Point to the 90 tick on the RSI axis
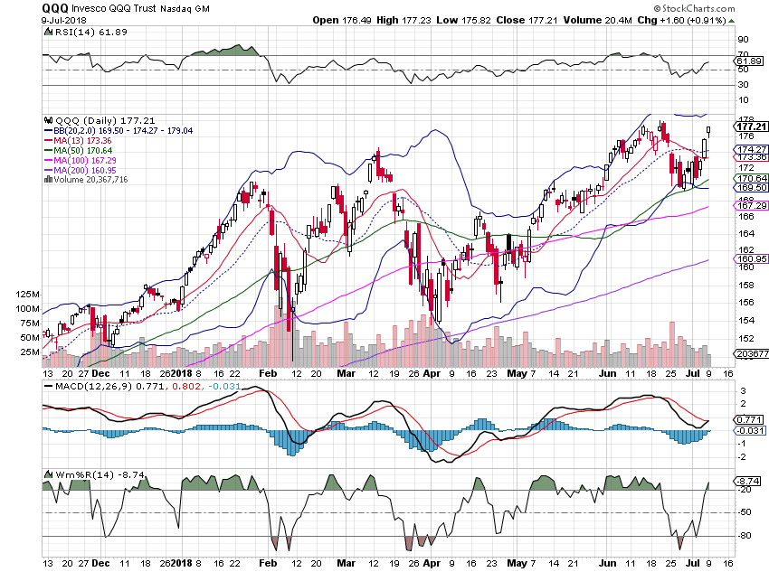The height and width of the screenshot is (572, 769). pyautogui.click(x=717, y=40)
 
